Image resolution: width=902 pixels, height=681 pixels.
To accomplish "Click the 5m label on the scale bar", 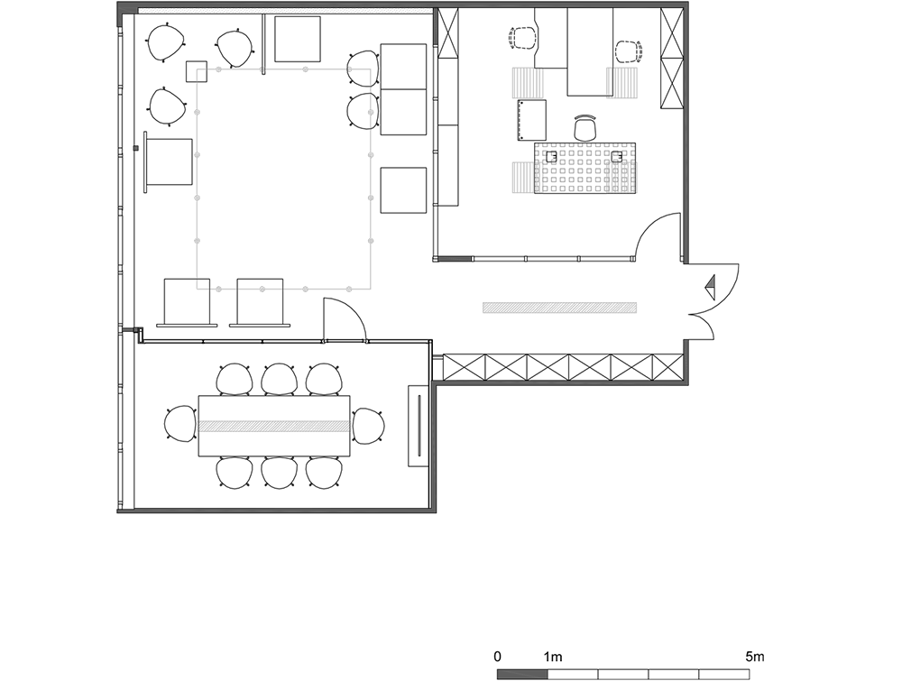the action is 755,657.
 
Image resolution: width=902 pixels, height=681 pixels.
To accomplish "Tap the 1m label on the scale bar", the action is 552,657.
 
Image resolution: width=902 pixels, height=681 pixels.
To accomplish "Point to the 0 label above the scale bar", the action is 498,657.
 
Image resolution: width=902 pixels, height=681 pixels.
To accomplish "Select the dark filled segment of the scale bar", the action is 522,674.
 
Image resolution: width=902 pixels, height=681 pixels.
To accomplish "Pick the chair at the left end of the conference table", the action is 180,425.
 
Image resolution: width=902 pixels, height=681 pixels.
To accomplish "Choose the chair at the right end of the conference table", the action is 368,426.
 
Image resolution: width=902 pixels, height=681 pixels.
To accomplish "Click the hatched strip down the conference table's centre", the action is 274,427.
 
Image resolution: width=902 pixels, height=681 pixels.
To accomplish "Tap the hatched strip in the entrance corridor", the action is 560,308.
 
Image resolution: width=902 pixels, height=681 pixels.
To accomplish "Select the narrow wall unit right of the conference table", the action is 419,426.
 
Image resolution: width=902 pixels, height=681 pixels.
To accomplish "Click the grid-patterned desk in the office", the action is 585,168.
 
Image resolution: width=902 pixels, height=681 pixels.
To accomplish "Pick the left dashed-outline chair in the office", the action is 523,39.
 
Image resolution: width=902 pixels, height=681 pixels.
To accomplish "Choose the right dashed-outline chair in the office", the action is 629,51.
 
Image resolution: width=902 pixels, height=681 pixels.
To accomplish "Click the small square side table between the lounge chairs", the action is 196,70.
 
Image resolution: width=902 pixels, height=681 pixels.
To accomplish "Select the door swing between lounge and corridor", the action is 345,318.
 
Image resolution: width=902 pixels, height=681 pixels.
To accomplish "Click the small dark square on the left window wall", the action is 136,149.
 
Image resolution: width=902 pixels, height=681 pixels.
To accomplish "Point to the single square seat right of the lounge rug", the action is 403,190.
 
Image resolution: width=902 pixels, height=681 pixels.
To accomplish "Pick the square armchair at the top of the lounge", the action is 298,39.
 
